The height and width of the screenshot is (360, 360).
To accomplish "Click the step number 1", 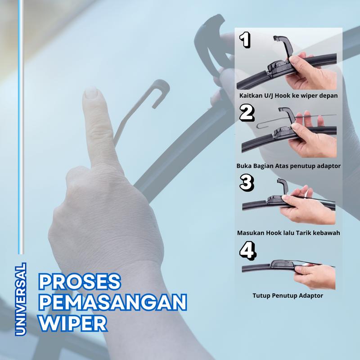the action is pyautogui.click(x=245, y=40).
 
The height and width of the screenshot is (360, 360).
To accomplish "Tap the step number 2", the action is pyautogui.click(x=247, y=113).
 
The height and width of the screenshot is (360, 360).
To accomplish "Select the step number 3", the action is pyautogui.click(x=247, y=183).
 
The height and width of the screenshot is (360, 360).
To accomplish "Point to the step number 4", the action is pyautogui.click(x=247, y=251).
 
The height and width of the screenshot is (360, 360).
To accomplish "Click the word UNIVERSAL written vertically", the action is pyautogui.click(x=21, y=299).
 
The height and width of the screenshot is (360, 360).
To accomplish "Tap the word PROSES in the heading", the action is pyautogui.click(x=79, y=282).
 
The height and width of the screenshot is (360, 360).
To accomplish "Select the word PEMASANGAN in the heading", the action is pyautogui.click(x=112, y=302).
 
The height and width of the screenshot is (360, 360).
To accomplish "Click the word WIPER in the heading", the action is pyautogui.click(x=73, y=323).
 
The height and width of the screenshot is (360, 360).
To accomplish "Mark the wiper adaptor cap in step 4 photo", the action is pyautogui.click(x=282, y=264).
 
